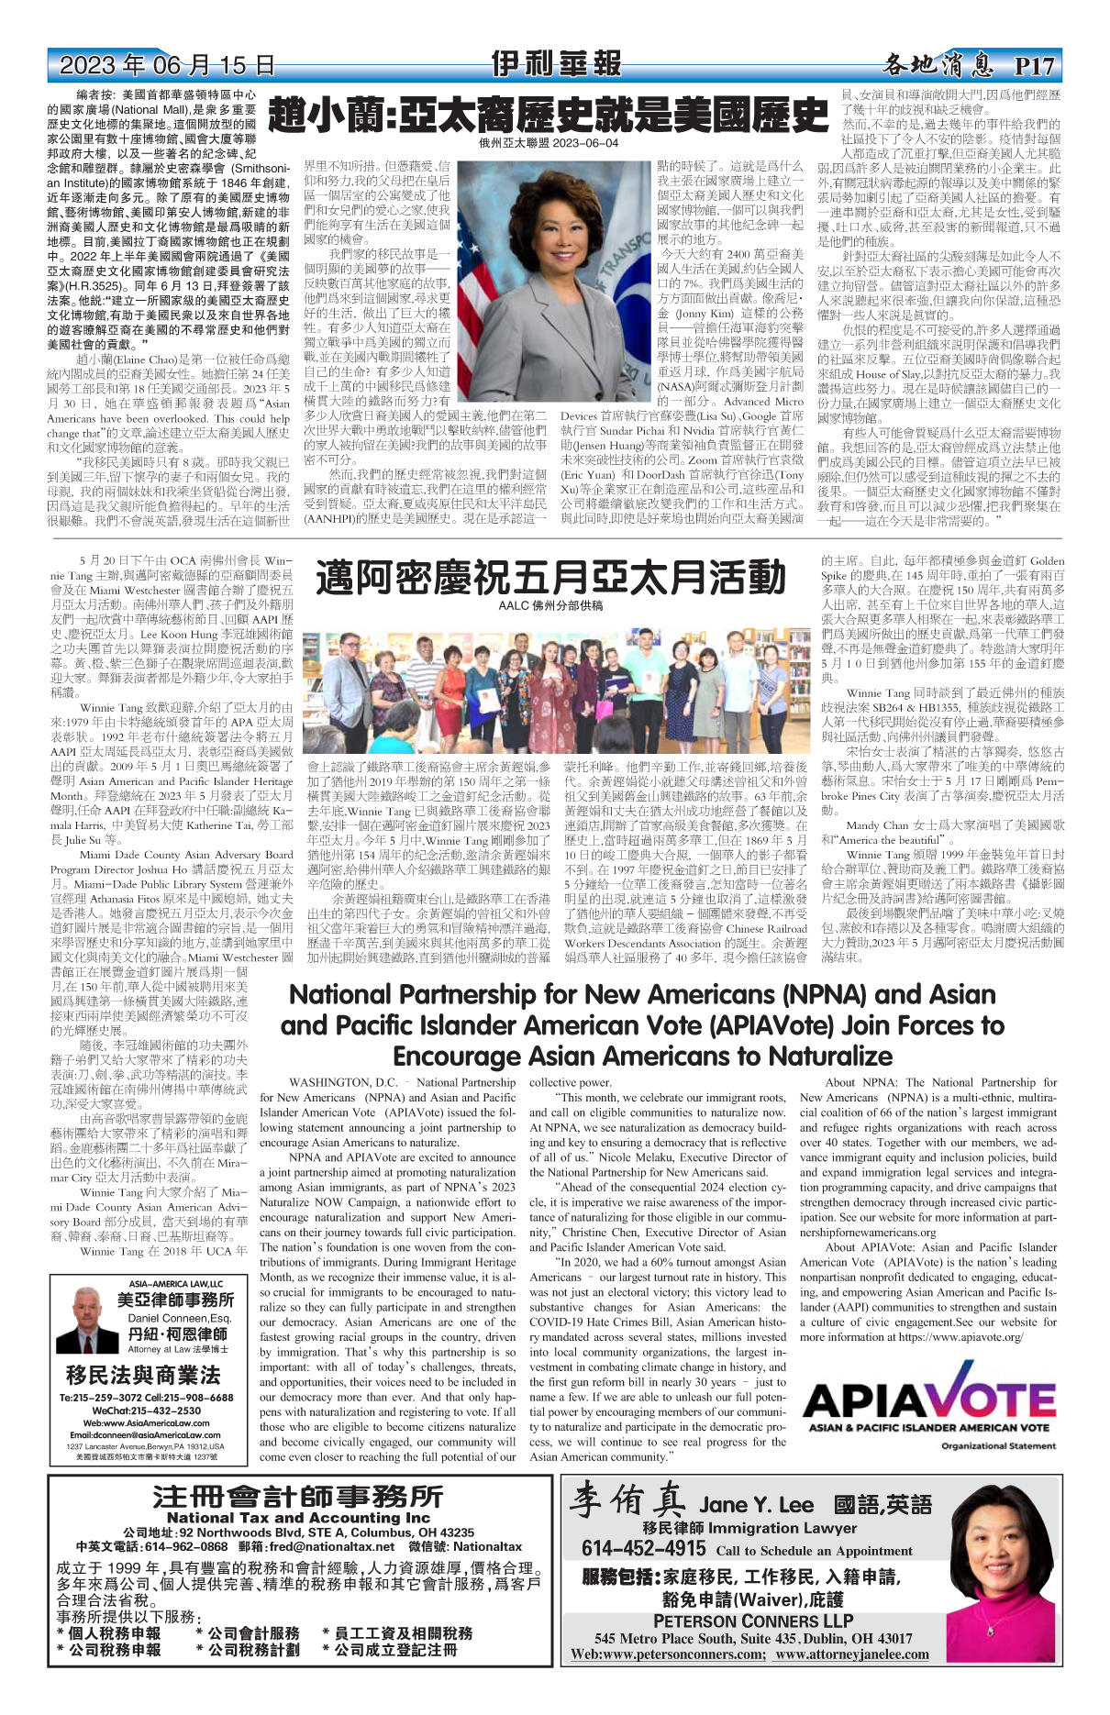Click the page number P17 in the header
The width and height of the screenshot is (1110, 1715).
coord(1035,67)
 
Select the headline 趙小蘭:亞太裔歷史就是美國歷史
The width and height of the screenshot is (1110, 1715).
coord(548,116)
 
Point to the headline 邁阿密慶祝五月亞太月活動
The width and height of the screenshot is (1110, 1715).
coord(550,578)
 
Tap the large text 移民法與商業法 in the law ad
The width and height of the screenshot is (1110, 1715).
coord(143,1375)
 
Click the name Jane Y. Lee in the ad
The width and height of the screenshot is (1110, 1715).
coord(756,1505)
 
